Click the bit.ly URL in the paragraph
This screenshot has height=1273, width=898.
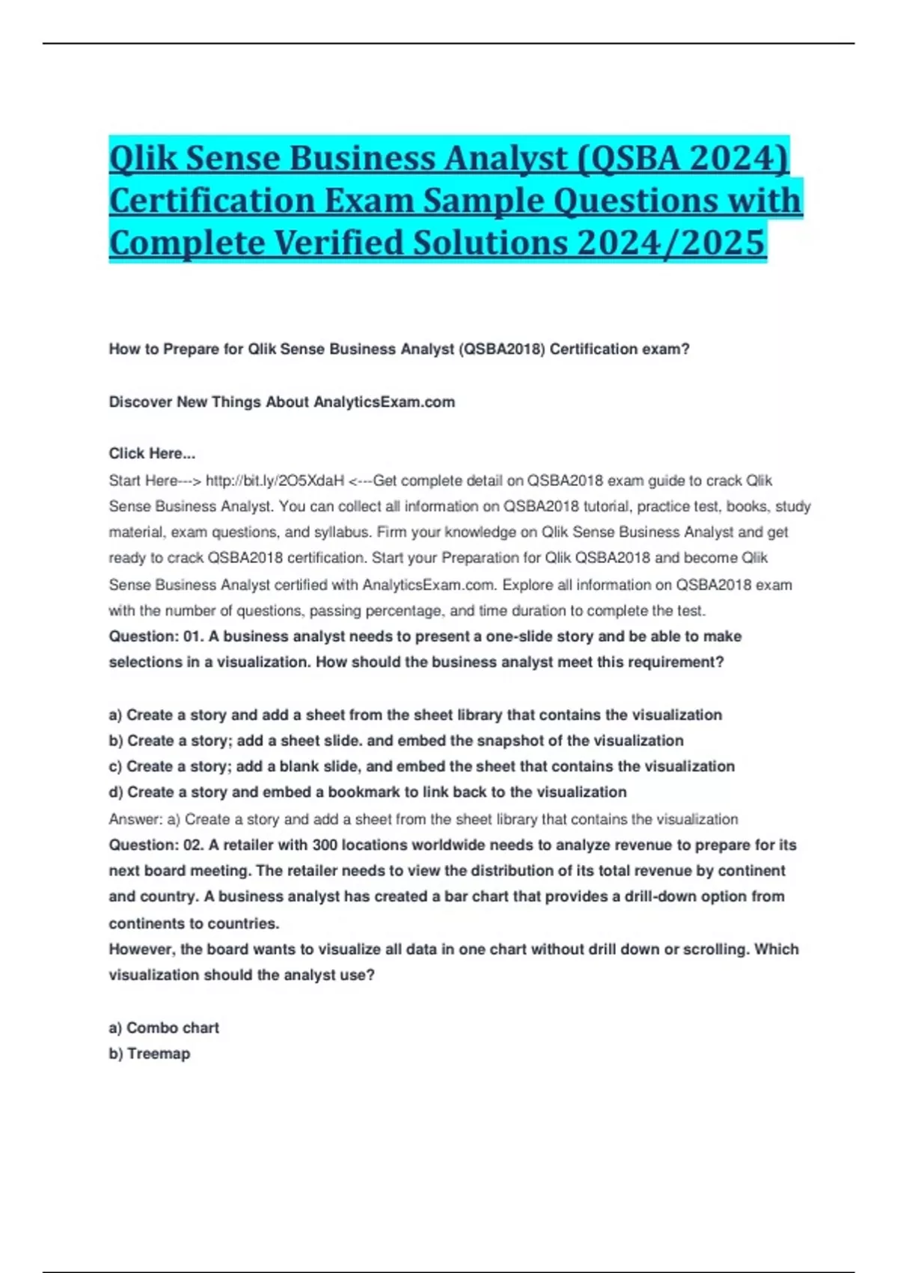coord(275,481)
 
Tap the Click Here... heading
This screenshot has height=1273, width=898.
coord(152,453)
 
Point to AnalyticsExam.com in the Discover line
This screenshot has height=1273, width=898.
coord(384,402)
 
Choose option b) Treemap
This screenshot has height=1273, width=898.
coord(150,1054)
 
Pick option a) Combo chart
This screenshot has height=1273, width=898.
coord(164,1028)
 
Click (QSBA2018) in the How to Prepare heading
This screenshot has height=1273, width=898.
coord(504,349)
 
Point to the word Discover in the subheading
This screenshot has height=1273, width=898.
coord(139,402)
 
